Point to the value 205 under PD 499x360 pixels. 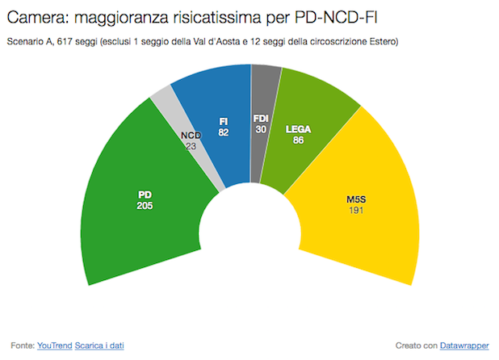point(145,206)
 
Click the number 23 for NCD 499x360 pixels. point(191,147)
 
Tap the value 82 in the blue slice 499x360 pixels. point(223,132)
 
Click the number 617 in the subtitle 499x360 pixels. point(64,40)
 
